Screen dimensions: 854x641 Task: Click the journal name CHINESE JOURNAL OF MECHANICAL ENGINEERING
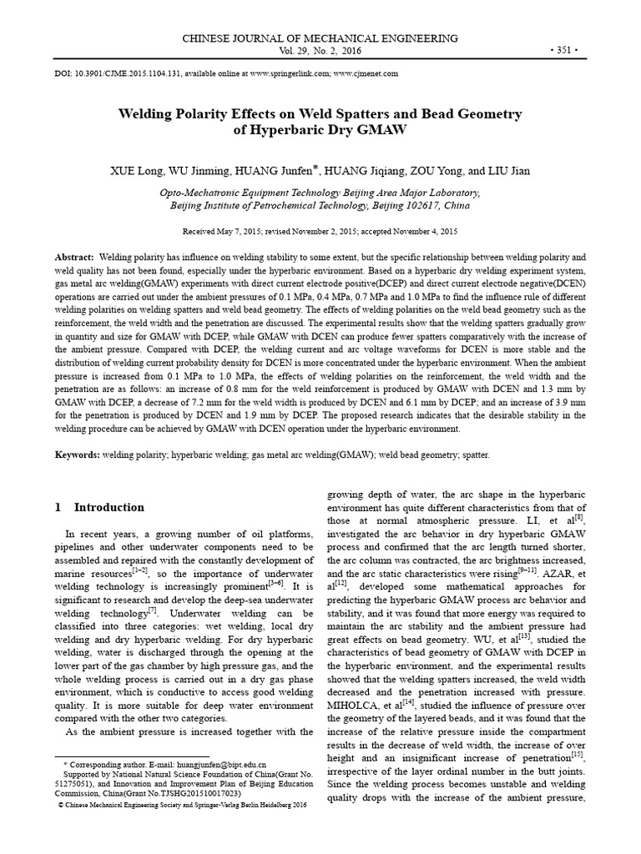tap(320, 38)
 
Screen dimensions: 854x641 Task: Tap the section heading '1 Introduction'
tap(99, 507)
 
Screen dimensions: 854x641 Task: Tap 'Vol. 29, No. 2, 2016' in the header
tap(320, 50)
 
